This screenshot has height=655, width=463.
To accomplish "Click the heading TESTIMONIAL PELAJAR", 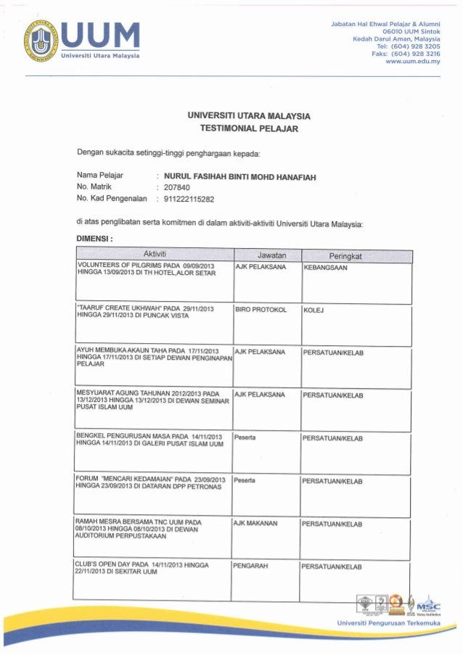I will click(x=249, y=128).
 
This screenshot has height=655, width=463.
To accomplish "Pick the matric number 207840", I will click(x=178, y=187).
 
